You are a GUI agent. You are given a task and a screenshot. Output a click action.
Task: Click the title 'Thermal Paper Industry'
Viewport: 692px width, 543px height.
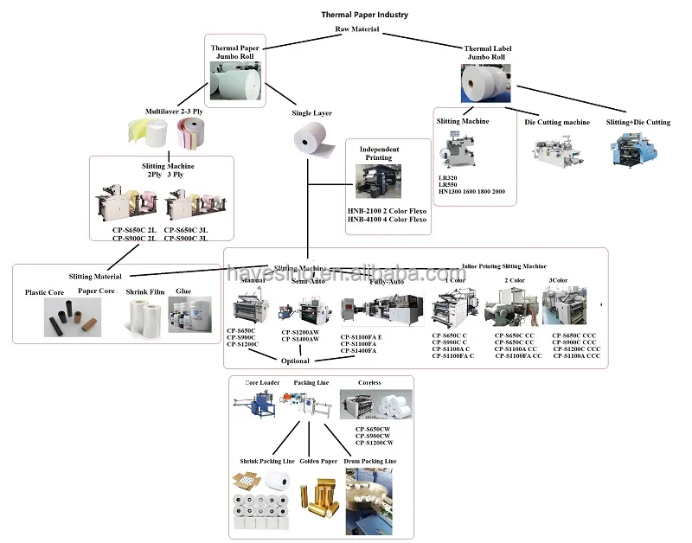pos(364,15)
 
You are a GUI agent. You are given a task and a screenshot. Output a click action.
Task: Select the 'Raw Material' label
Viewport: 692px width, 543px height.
pos(356,29)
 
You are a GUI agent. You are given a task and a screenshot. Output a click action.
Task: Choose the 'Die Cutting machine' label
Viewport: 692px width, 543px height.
pos(557,123)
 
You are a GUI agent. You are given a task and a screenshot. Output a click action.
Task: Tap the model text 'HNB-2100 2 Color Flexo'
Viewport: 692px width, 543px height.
pos(387,209)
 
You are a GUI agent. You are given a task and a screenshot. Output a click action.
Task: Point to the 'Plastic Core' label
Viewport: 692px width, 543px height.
pos(45,293)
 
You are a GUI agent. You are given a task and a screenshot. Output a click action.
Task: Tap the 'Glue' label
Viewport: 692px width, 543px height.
pos(183,292)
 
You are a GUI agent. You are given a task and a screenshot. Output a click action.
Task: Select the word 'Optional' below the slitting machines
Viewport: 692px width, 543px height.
pos(296,361)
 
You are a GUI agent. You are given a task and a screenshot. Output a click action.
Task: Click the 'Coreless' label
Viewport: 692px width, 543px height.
pos(369,382)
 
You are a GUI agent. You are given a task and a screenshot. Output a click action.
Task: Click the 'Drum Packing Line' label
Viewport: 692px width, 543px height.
pos(373,462)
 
